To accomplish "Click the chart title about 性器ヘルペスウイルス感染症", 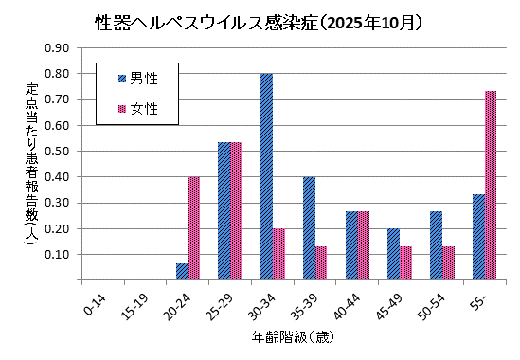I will click(x=260, y=21).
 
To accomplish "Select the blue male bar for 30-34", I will click(x=266, y=177).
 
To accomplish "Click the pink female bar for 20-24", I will click(x=194, y=228).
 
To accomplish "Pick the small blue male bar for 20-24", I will click(x=182, y=272).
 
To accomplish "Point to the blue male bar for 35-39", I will click(x=309, y=228).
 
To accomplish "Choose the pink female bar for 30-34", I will click(x=279, y=254).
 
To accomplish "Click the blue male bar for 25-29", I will click(x=224, y=211).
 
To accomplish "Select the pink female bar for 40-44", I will click(x=364, y=245).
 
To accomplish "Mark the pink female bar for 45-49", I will click(x=405, y=262).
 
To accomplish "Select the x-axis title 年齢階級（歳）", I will click(x=292, y=336).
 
